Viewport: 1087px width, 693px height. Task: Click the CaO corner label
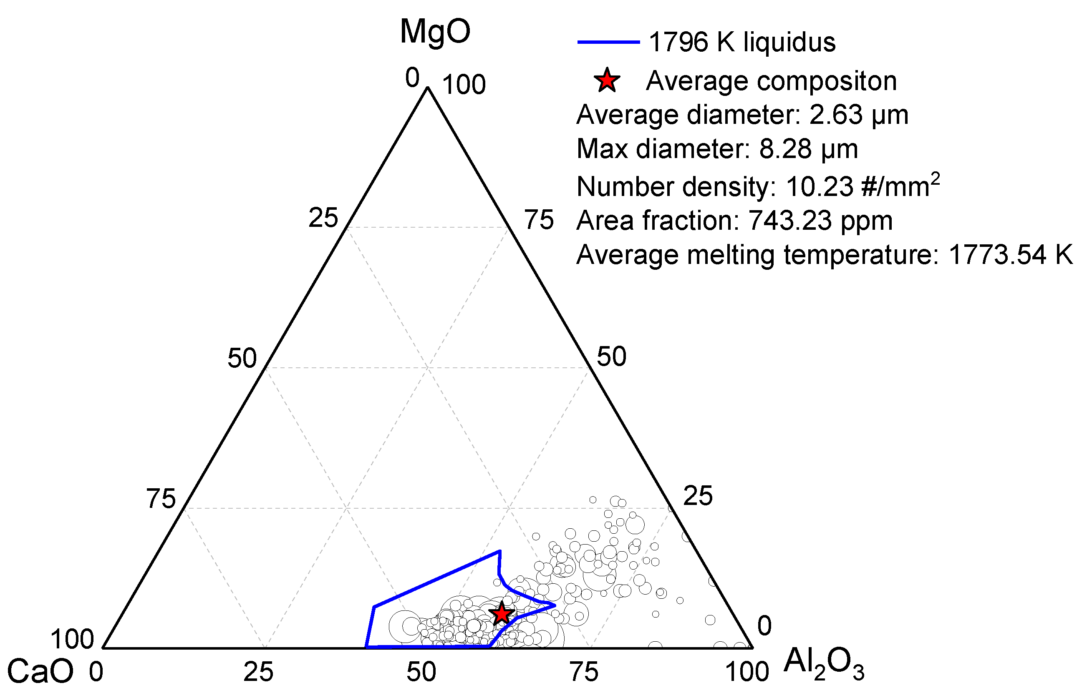click(40, 671)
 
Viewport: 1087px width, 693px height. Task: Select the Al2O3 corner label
click(823, 663)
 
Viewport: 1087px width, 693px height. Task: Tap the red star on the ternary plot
click(502, 614)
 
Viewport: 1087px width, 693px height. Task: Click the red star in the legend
click(607, 81)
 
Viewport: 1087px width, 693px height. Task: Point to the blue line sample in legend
click(608, 42)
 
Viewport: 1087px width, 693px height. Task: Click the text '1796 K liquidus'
click(741, 42)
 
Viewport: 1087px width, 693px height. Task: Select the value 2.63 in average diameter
click(835, 115)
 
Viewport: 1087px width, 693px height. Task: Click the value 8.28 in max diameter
click(785, 148)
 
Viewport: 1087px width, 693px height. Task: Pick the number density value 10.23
click(819, 186)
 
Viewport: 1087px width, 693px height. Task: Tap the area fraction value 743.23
click(789, 221)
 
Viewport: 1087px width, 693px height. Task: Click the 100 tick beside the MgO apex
click(464, 84)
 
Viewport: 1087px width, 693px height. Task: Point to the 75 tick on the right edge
click(539, 220)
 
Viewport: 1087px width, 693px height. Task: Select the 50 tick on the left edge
click(242, 358)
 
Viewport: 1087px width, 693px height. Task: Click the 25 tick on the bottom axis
click(258, 672)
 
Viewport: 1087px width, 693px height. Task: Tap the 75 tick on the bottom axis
click(584, 672)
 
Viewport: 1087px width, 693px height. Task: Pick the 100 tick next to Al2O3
click(747, 672)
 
